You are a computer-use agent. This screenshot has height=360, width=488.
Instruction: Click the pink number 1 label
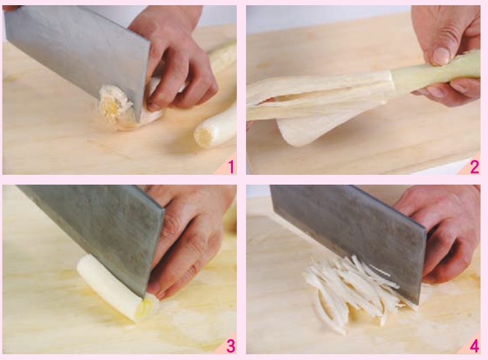click(231, 166)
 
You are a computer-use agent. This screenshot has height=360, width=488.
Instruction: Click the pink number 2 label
click(474, 167)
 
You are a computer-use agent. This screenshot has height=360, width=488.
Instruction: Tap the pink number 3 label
click(231, 346)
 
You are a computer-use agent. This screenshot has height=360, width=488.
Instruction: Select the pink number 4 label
click(474, 346)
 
